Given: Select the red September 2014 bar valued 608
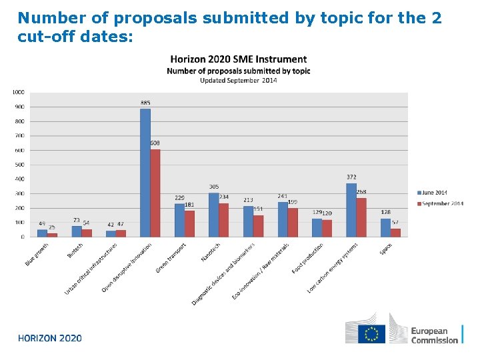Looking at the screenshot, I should click(155, 193).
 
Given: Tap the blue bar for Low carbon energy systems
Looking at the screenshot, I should click(351, 209).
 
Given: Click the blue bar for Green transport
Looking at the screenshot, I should click(179, 220).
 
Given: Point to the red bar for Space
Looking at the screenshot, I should click(395, 232).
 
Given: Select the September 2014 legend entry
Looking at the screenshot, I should click(439, 203).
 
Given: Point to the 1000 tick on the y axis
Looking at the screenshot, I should click(18, 92).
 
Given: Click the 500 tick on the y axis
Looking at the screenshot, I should click(19, 165).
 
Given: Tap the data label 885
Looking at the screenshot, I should click(145, 103).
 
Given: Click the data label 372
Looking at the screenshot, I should click(351, 177).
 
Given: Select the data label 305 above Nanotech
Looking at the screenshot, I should click(214, 187).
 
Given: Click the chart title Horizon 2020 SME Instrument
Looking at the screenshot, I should click(239, 60).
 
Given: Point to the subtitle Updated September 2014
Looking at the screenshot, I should click(239, 80).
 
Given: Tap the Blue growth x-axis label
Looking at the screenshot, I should click(37, 254).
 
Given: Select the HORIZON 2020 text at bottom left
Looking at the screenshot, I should click(50, 338).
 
